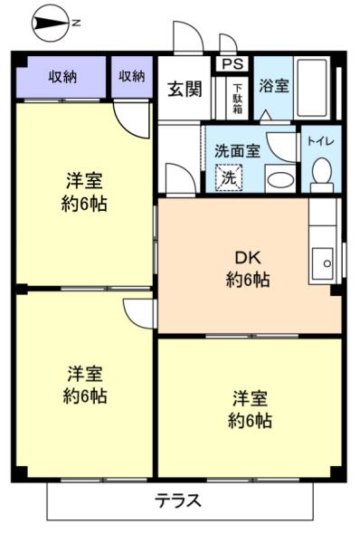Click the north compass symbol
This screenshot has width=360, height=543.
[x=50, y=24]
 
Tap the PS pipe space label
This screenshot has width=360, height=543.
[x=232, y=64]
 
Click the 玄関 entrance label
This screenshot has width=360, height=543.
[x=185, y=90]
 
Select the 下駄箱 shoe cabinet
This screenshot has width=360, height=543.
[x=237, y=99]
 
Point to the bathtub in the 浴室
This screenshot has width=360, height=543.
[x=313, y=88]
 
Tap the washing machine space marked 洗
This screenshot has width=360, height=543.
[x=229, y=178]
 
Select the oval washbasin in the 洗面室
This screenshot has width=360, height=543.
[x=281, y=179]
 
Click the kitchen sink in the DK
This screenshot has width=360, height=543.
[x=322, y=263]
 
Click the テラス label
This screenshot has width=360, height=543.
[x=177, y=500]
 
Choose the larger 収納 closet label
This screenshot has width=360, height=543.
[x=62, y=76]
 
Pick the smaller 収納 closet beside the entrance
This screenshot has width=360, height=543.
[x=132, y=77]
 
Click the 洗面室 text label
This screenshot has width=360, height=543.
[x=237, y=151]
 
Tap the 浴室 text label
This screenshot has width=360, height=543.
[x=274, y=86]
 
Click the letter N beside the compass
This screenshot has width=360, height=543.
[x=76, y=24]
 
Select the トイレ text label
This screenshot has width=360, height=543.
[x=320, y=141]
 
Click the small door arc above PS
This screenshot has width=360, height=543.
[x=229, y=43]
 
